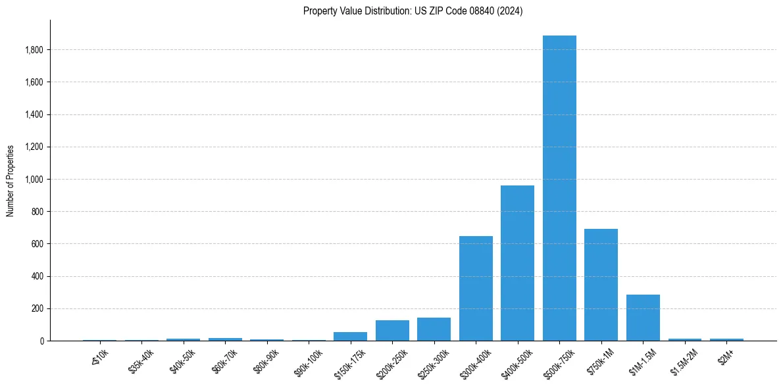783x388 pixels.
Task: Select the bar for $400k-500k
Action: click(517, 263)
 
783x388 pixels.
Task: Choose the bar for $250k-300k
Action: click(434, 329)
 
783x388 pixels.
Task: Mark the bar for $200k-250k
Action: click(392, 331)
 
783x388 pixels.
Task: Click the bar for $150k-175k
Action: click(350, 337)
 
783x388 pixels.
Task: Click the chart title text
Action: click(413, 11)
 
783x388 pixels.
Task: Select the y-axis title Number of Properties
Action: click(11, 180)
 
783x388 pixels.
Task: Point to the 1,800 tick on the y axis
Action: click(34, 50)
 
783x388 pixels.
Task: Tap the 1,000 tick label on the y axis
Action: click(34, 180)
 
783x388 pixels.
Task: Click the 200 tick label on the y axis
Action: click(38, 308)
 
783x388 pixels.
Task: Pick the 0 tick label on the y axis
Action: click(41, 341)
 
